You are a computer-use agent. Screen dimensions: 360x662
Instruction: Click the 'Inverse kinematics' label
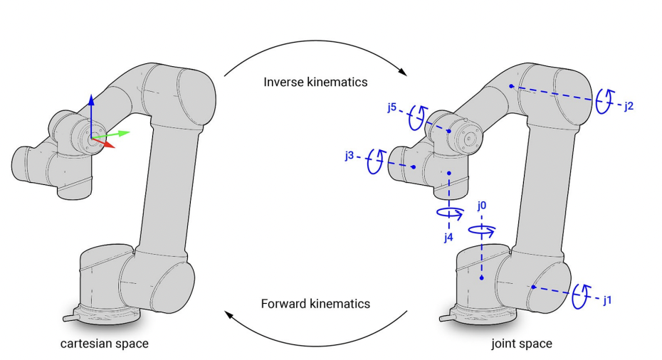[x=315, y=82]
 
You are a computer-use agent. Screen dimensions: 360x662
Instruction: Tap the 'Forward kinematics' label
[x=315, y=304]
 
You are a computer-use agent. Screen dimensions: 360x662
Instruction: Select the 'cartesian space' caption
[x=104, y=344]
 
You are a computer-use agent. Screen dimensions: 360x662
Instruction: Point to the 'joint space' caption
[x=521, y=344]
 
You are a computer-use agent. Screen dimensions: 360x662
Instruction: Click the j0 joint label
[x=482, y=206]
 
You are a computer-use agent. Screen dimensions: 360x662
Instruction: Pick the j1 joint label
[x=607, y=300]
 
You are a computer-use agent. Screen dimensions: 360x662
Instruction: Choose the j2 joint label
[x=629, y=106]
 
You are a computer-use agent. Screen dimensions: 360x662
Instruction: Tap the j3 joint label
[x=349, y=156]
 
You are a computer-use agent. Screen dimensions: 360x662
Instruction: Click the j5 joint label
[x=392, y=108]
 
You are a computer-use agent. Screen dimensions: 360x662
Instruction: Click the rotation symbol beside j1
[x=582, y=294]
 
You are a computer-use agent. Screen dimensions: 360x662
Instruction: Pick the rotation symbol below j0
[x=482, y=230]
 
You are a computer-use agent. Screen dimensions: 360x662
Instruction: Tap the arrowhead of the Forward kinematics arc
[x=230, y=314]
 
